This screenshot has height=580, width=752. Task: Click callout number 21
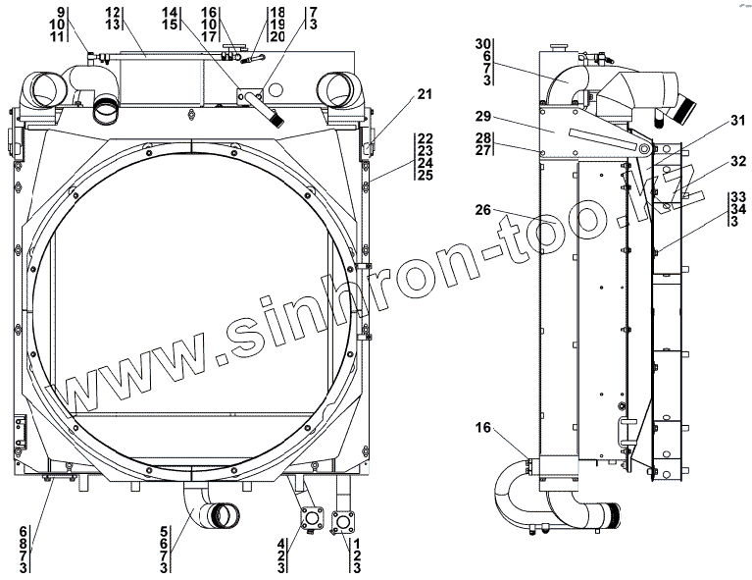click(424, 94)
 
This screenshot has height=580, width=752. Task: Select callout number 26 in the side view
click(483, 210)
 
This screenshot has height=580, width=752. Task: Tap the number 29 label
click(483, 116)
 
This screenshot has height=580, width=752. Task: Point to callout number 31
click(738, 121)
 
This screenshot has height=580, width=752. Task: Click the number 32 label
click(738, 161)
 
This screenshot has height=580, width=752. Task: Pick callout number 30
click(483, 44)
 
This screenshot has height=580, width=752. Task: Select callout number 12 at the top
click(113, 12)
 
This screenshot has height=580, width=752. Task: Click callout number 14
click(170, 12)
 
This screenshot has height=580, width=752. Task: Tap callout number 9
click(60, 12)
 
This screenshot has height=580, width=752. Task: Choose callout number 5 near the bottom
click(164, 532)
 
